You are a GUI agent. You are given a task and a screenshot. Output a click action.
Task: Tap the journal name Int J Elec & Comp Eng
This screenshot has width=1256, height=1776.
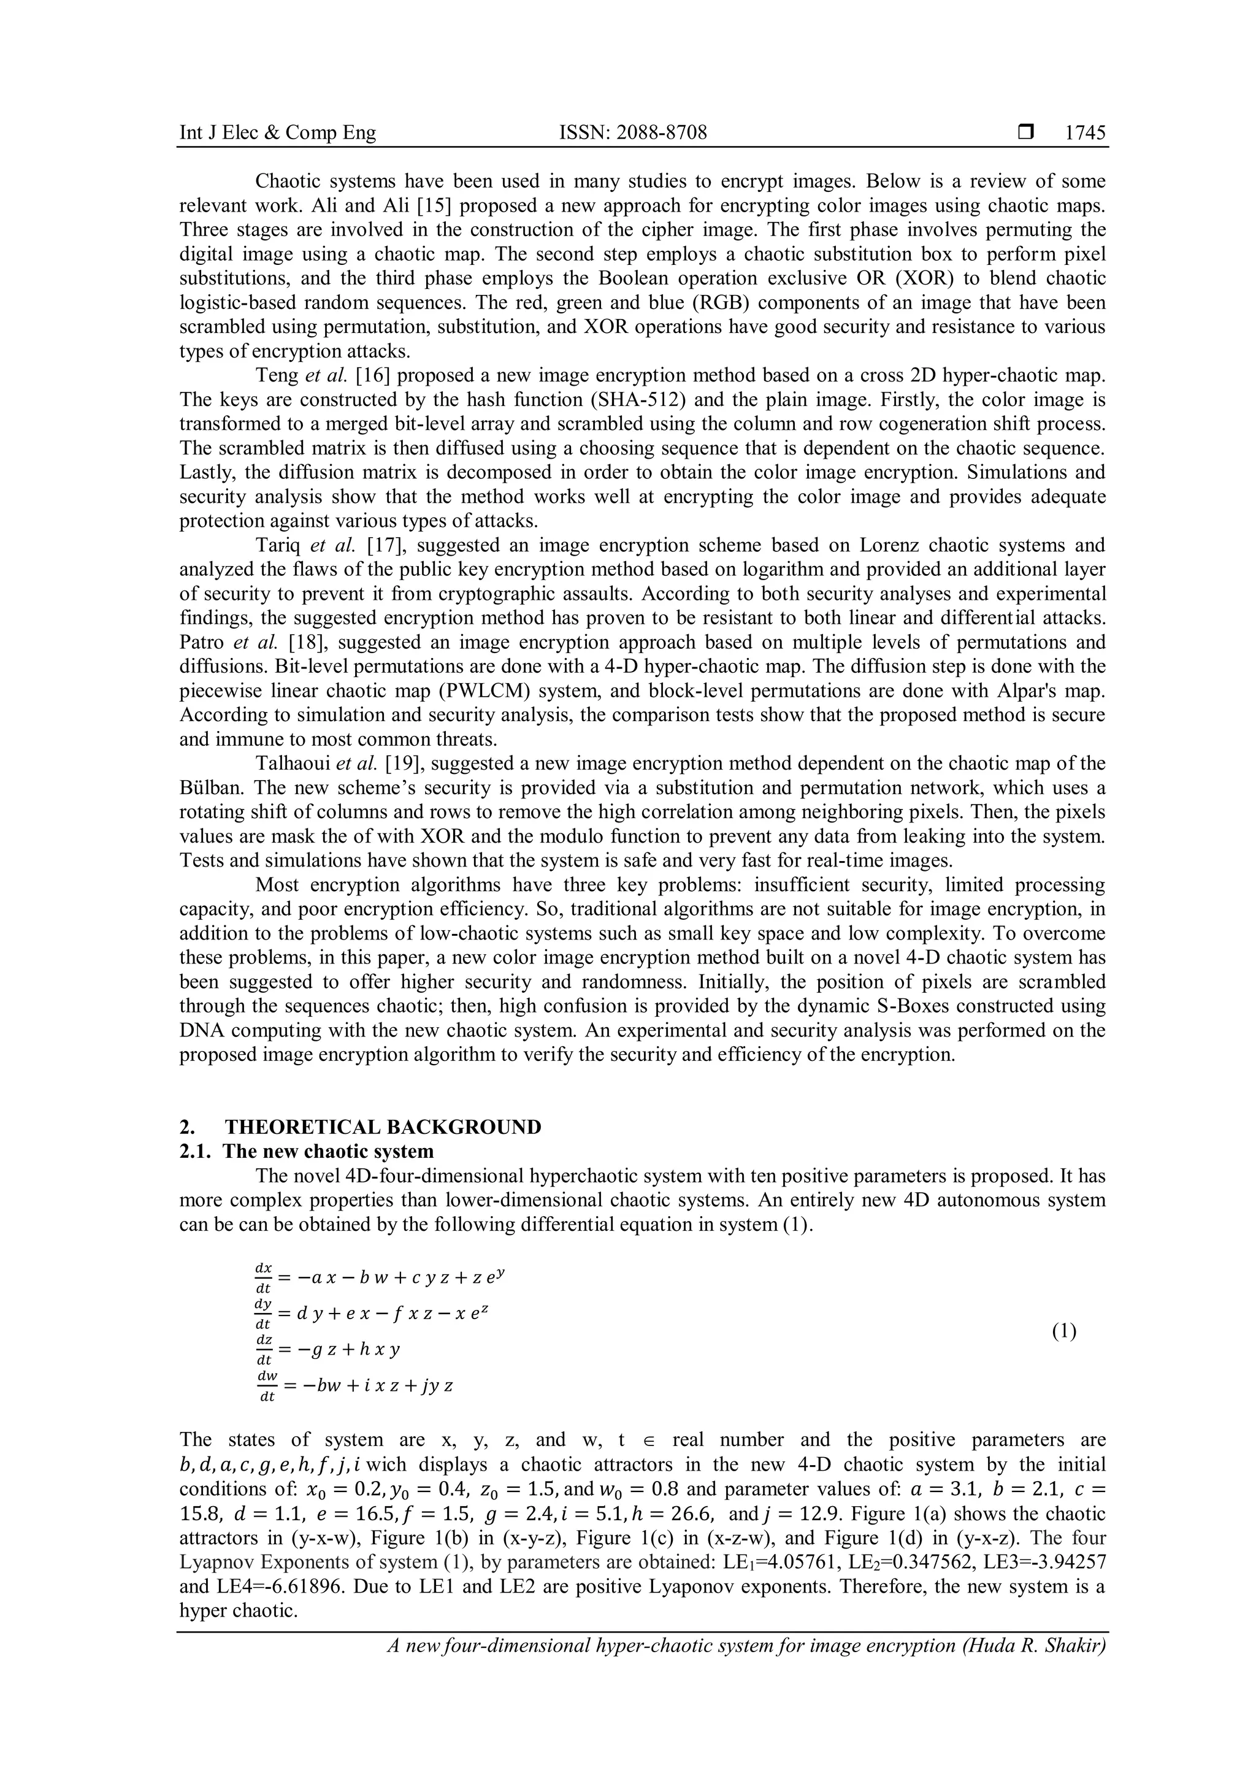[278, 133]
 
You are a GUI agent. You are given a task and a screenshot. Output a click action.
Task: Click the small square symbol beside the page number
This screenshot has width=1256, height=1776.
[1025, 133]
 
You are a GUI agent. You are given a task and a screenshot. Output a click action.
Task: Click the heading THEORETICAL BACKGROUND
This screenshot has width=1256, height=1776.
[383, 1127]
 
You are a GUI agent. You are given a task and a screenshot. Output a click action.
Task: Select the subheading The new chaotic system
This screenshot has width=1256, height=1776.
[328, 1151]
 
